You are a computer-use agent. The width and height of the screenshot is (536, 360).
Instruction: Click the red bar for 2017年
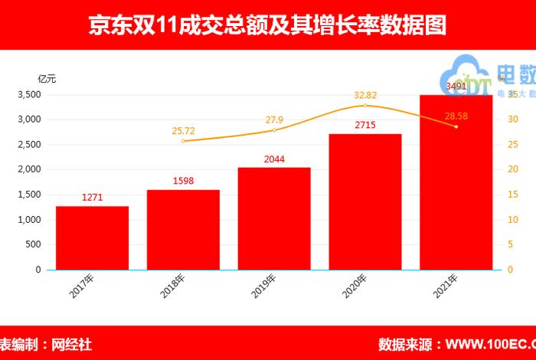(92, 237)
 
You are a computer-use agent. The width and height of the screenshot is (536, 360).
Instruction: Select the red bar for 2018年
(183, 230)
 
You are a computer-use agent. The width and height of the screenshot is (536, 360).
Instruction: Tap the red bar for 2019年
(274, 218)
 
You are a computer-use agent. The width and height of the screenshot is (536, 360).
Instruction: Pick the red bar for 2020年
(365, 201)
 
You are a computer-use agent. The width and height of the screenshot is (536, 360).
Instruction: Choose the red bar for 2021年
(456, 182)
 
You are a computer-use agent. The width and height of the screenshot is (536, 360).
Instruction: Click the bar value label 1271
(92, 198)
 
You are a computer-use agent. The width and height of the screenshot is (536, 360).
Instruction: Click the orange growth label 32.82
(365, 95)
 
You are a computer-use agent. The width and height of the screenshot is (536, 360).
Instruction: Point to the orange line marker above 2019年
(274, 130)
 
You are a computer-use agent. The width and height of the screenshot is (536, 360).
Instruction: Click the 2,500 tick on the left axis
(28, 145)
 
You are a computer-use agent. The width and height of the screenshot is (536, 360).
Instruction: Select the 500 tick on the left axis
(34, 245)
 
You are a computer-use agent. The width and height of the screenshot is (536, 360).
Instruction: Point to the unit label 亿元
(47, 78)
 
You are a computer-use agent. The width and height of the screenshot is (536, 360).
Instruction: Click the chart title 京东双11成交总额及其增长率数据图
(267, 26)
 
